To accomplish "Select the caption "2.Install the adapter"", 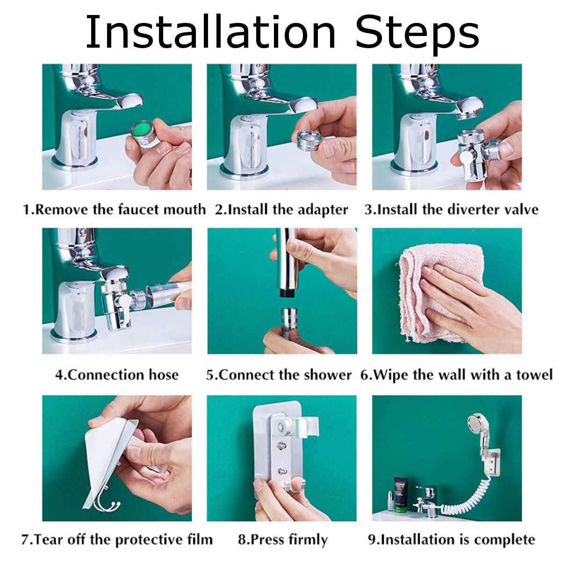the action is [x=281, y=209].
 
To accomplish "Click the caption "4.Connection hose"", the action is [x=117, y=374].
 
